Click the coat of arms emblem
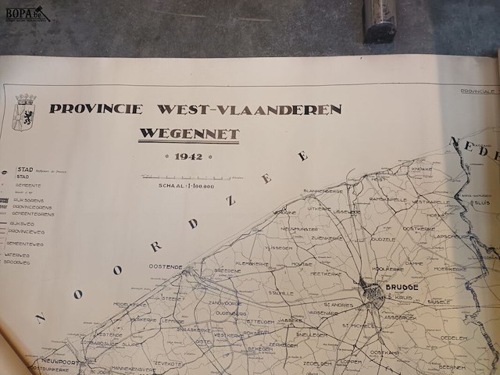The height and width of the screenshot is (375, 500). [x=25, y=111]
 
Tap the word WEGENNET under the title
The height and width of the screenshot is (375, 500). [x=189, y=134]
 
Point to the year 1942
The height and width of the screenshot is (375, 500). [x=188, y=157]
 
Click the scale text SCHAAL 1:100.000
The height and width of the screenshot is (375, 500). [x=186, y=186]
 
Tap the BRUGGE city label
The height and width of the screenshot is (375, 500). [x=402, y=287]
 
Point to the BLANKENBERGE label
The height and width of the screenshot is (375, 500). [x=323, y=191]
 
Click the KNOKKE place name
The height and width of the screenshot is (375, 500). [x=422, y=169]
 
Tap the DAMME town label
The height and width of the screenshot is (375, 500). [x=414, y=264]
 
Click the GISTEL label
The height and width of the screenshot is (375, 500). [x=204, y=341]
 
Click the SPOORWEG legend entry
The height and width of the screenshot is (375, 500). [x=17, y=262]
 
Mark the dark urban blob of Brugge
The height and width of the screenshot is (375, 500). [x=373, y=294]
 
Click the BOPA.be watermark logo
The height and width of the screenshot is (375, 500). [x=26, y=12]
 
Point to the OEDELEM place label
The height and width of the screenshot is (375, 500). [x=453, y=338]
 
